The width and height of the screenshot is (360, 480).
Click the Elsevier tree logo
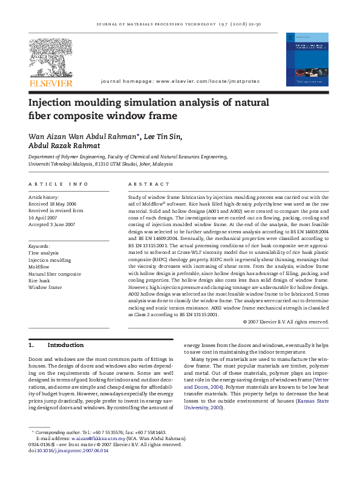click(51, 58)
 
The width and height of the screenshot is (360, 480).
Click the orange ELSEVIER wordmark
click(51, 83)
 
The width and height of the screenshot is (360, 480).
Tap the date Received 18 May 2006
click(53, 204)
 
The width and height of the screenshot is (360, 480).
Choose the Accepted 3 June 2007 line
click(52, 224)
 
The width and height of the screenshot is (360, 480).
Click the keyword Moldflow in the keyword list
click(39, 267)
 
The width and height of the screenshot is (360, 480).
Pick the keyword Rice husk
click(40, 281)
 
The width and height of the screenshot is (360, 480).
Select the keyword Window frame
click(45, 287)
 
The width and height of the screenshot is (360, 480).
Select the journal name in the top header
click(178, 24)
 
